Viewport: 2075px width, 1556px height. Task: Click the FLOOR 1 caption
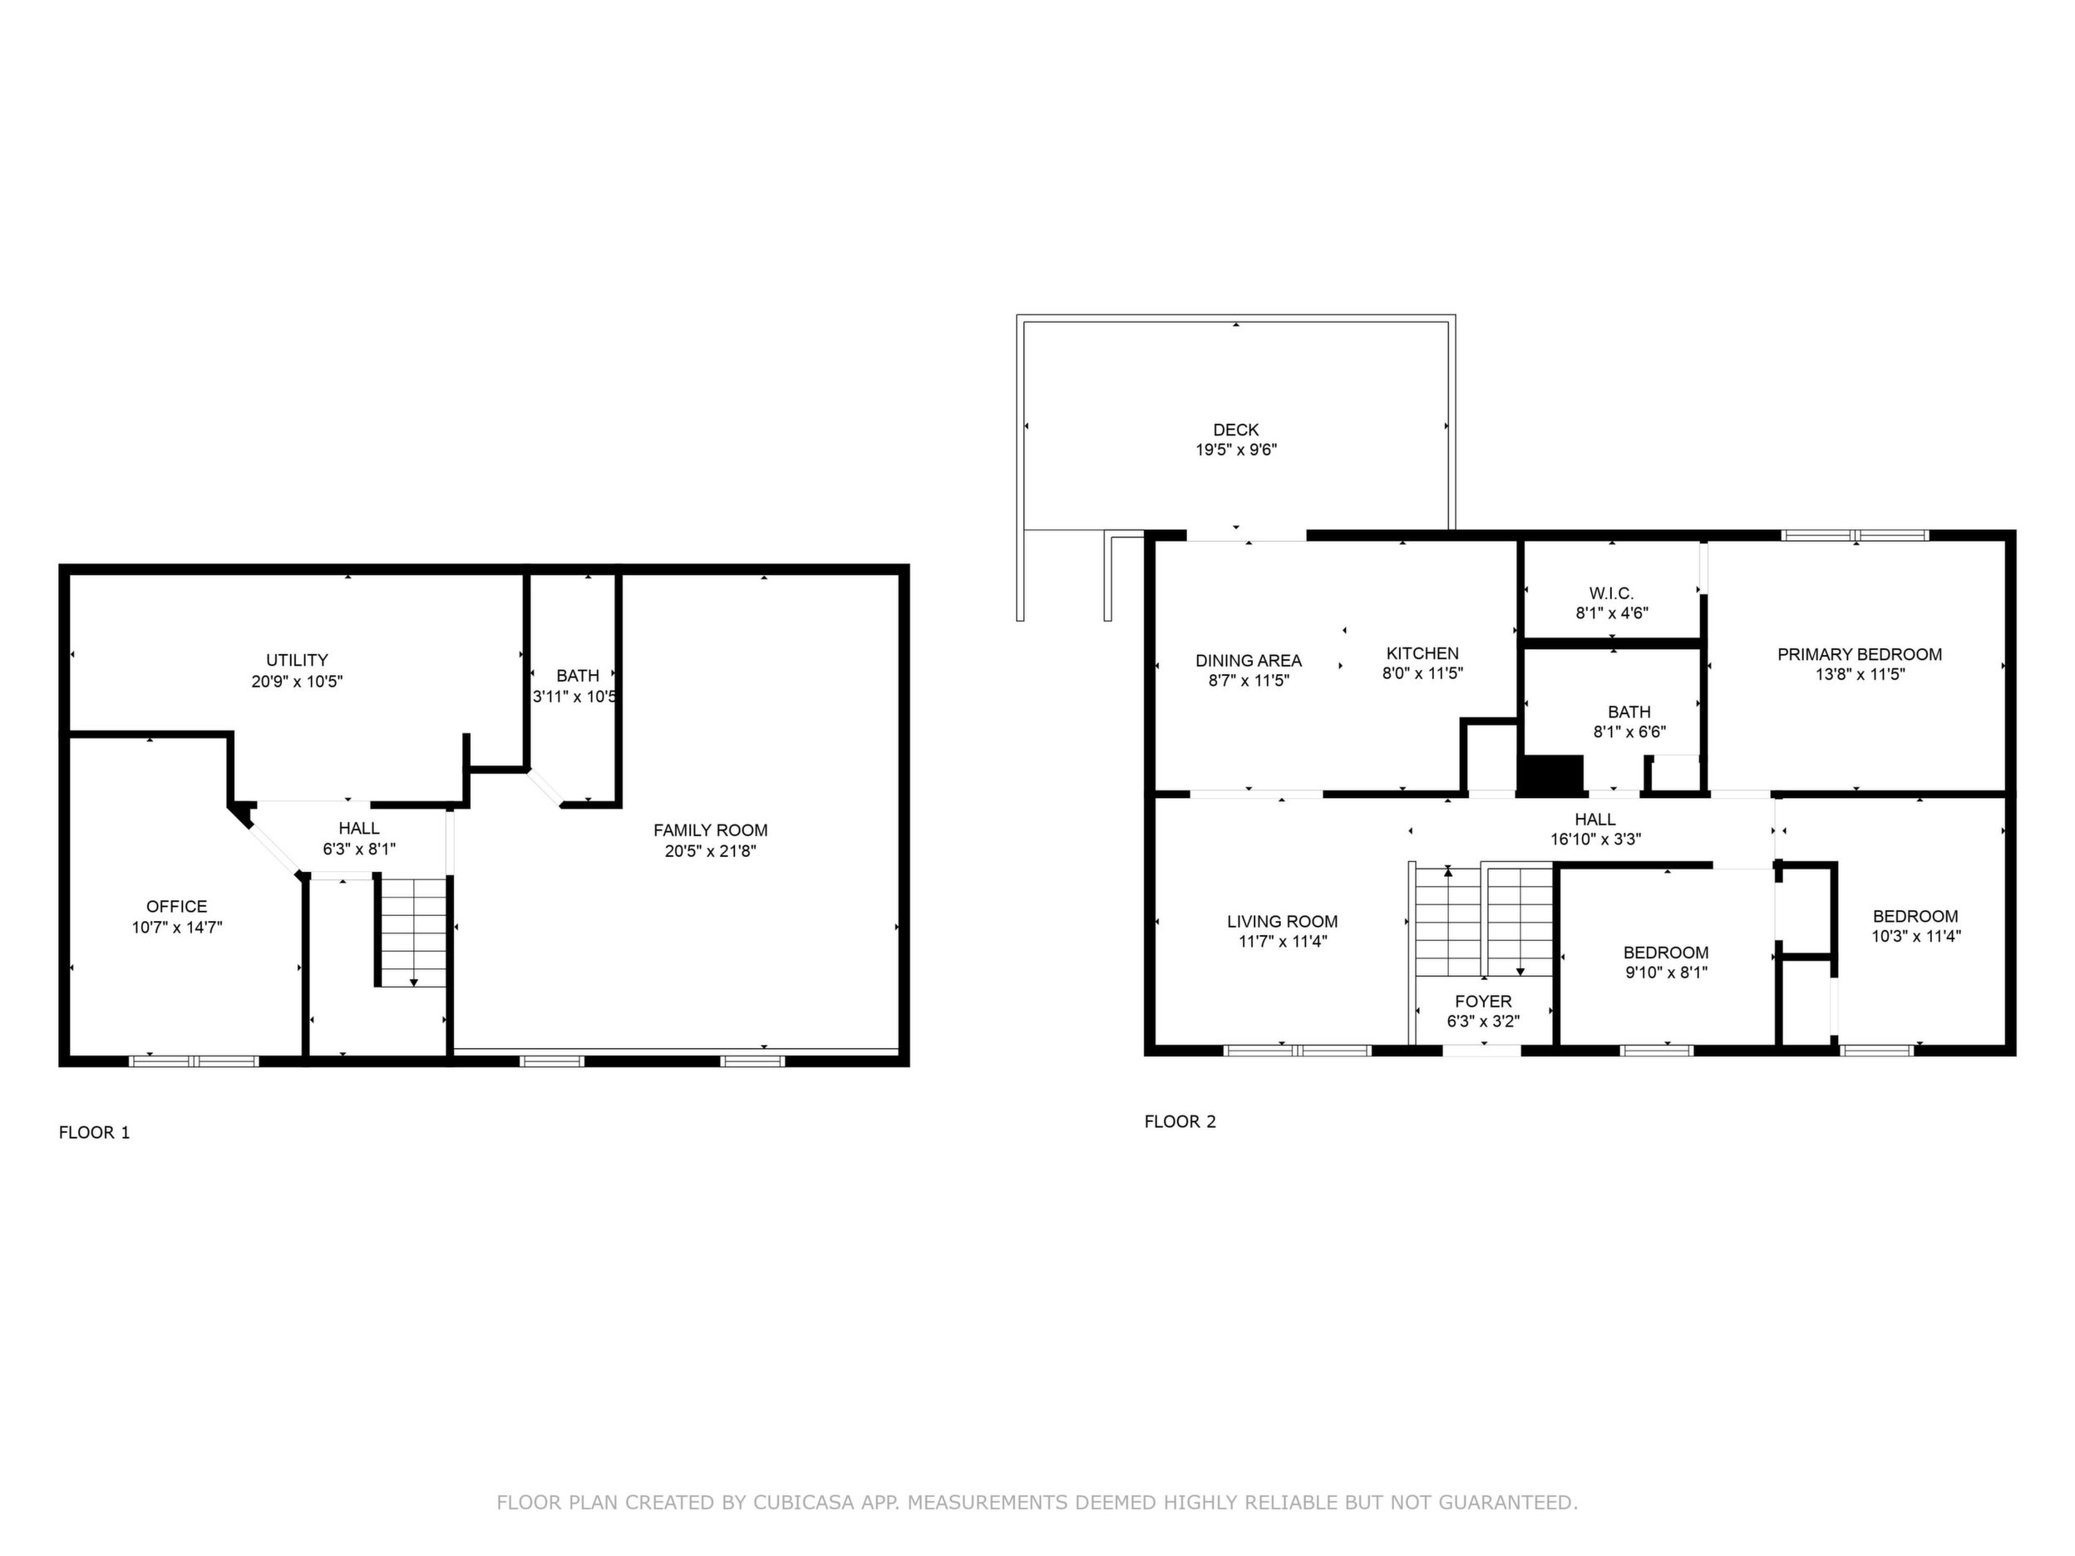click(x=94, y=1132)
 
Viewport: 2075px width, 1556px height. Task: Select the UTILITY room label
click(x=297, y=660)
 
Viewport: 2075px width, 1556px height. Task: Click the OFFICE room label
click(x=176, y=907)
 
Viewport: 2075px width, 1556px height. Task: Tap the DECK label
click(x=1235, y=430)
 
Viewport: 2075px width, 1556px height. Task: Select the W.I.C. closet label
click(x=1612, y=593)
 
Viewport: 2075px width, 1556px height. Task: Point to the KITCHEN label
click(x=1422, y=653)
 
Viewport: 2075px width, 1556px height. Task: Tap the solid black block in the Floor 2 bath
click(x=1550, y=776)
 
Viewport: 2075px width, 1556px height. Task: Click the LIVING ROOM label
click(x=1283, y=922)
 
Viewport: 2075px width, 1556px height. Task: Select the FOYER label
click(x=1483, y=1002)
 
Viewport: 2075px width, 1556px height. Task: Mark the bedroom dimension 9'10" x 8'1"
click(x=1666, y=972)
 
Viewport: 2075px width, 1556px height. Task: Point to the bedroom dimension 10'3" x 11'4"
click(x=1916, y=936)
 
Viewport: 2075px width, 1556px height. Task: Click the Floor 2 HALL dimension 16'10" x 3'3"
click(x=1595, y=840)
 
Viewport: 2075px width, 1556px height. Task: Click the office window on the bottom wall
click(x=193, y=1061)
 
